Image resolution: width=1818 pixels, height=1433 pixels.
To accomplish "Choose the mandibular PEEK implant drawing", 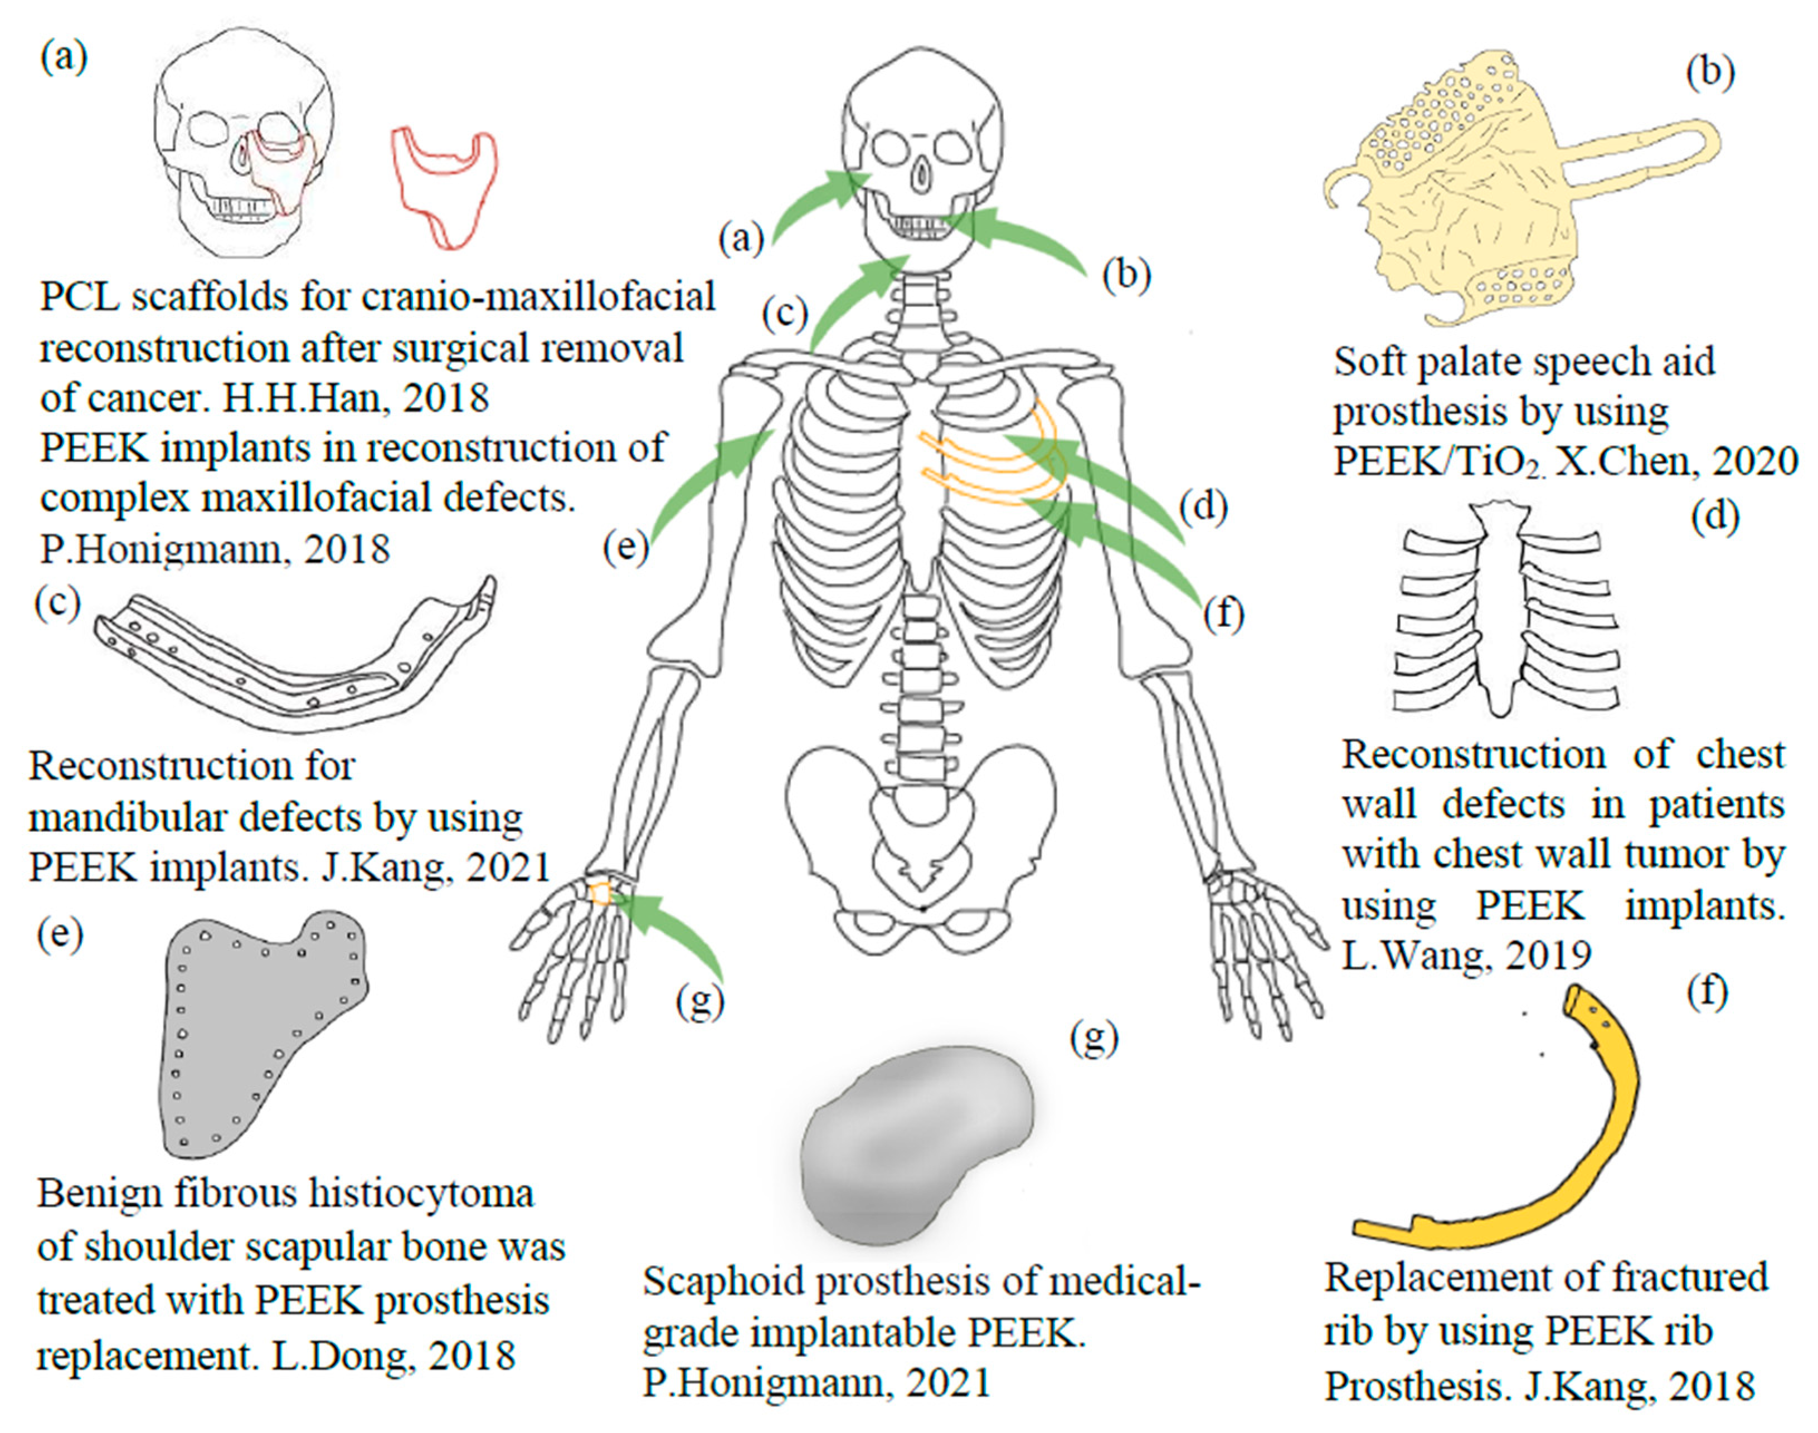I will pyautogui.click(x=294, y=663).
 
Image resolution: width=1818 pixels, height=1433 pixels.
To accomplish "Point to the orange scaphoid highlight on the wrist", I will pyautogui.click(x=601, y=894).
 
